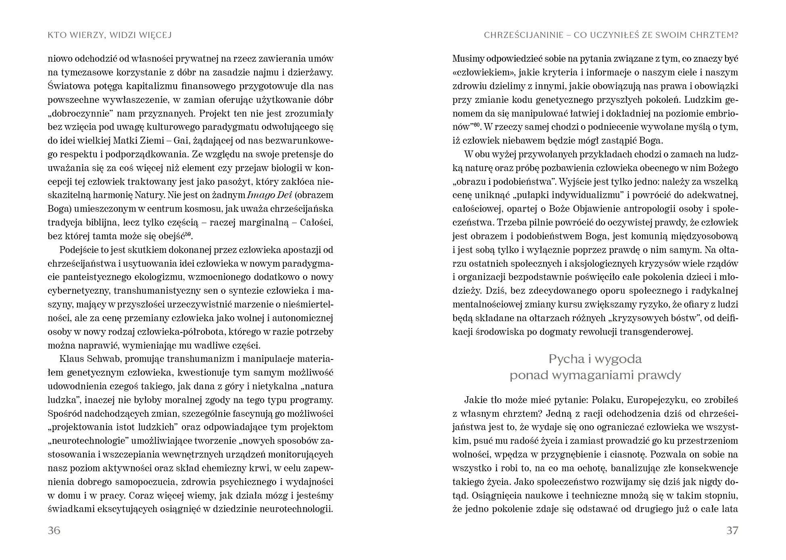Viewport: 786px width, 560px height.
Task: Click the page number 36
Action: coord(54,530)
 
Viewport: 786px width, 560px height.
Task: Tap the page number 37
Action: coord(732,530)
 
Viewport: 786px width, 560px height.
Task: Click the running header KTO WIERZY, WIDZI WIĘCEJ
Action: coord(110,35)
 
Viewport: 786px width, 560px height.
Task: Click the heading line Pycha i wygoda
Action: coord(595,359)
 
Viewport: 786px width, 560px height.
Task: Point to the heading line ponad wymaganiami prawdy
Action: coord(595,375)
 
